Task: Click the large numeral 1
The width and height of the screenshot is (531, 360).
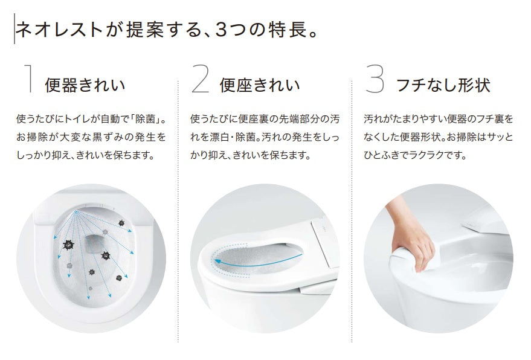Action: (27, 80)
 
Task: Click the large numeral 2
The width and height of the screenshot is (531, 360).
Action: (200, 80)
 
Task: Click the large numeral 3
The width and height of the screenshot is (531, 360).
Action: (375, 80)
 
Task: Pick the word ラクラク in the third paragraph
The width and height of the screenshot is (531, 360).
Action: (437, 155)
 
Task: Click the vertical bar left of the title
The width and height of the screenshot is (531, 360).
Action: (13, 30)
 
